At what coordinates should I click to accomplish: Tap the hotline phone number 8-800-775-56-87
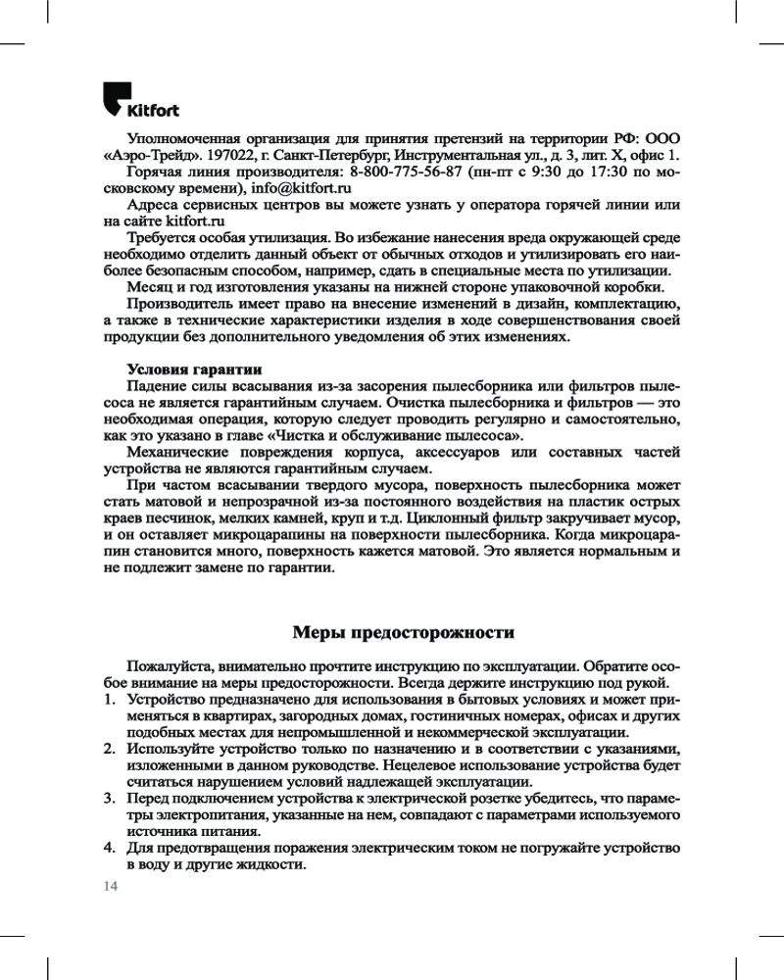pyautogui.click(x=401, y=171)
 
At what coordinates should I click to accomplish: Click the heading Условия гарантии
pyautogui.click(x=194, y=369)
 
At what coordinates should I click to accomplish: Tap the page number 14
pyautogui.click(x=109, y=886)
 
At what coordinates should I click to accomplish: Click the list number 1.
pyautogui.click(x=109, y=701)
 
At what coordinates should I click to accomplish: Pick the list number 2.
pyautogui.click(x=109, y=750)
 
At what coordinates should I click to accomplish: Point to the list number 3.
pyautogui.click(x=109, y=800)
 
